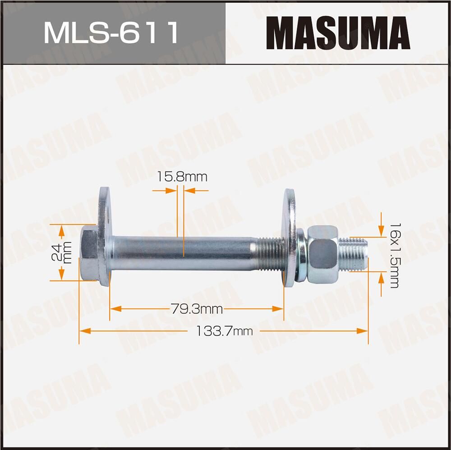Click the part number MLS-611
pos(111,32)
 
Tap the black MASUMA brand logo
pos(338,32)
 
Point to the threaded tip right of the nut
pos(354,254)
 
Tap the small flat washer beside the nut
pos(300,255)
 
